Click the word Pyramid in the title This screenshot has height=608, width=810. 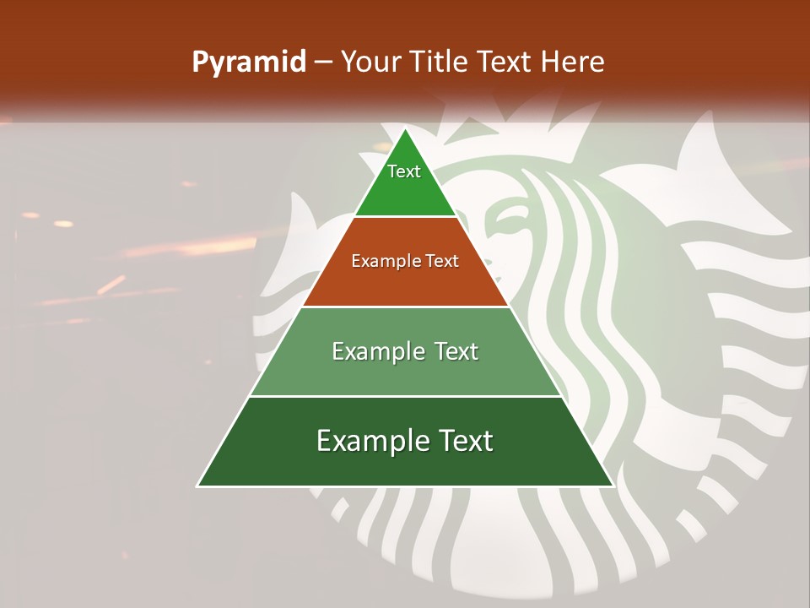pos(249,62)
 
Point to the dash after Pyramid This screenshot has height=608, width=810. pos(322,63)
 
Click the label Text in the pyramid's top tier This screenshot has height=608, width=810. pos(404,171)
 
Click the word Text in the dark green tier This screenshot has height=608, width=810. pos(463,441)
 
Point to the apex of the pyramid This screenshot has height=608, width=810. pos(405,130)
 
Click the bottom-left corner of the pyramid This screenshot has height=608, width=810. pos(198,486)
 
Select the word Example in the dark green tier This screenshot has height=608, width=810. pos(370,441)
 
